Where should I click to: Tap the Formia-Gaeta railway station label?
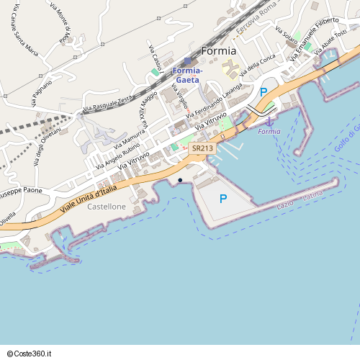(x=188, y=75)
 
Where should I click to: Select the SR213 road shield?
(x=203, y=148)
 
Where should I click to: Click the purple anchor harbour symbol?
(x=269, y=121)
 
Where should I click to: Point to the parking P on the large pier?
(x=223, y=199)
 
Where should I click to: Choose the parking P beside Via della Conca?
(x=264, y=92)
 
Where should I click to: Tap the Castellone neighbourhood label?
(x=106, y=207)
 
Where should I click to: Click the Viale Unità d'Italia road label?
(x=88, y=198)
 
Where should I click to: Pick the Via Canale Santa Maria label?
(x=24, y=34)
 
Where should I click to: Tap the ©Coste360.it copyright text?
(x=30, y=353)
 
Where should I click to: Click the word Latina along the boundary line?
(x=312, y=196)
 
